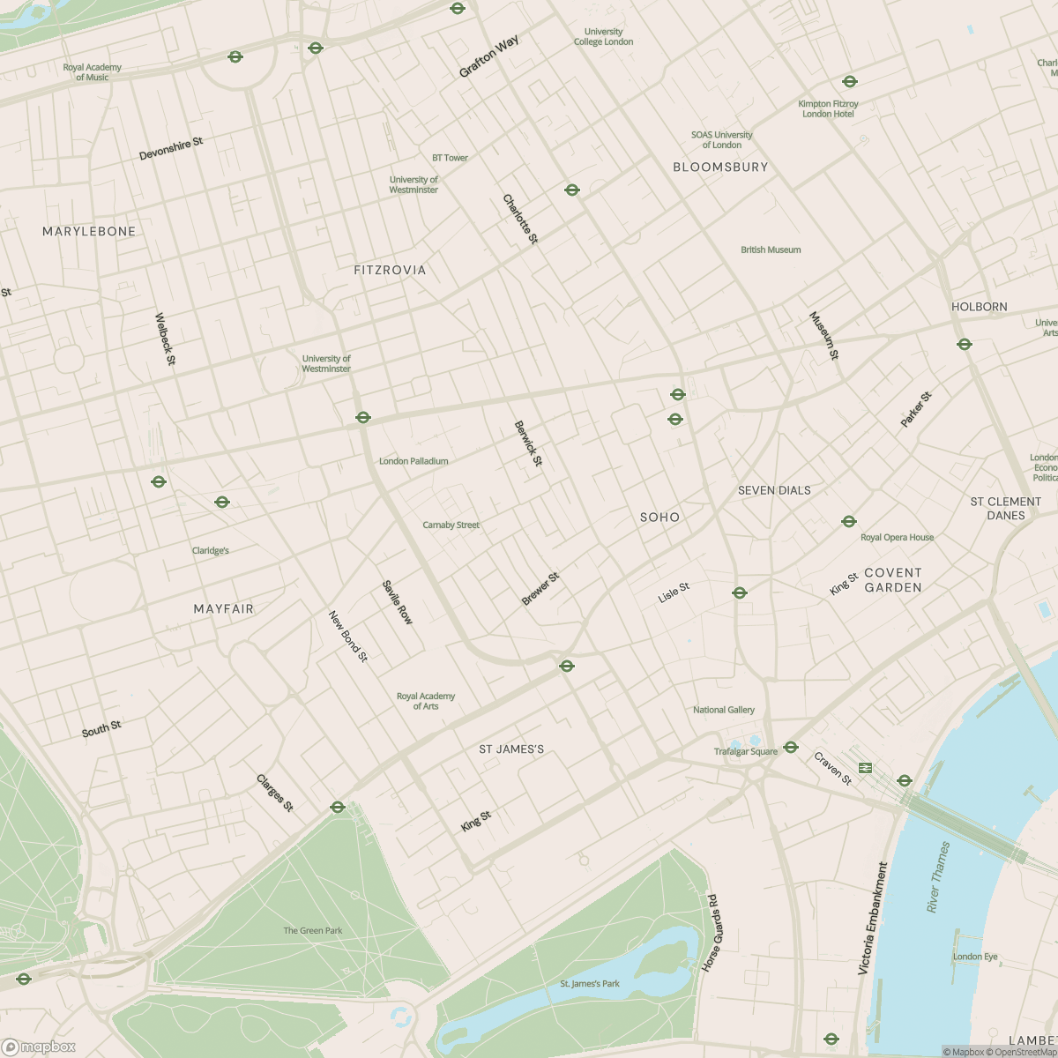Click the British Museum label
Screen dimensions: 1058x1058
click(x=771, y=250)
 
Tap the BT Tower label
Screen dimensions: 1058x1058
click(x=450, y=158)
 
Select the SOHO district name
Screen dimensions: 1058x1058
click(x=659, y=518)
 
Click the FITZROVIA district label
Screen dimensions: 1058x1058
click(x=390, y=271)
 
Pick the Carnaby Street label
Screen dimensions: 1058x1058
click(x=451, y=525)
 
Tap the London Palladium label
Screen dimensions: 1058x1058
click(x=414, y=461)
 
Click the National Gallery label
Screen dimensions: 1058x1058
click(x=724, y=710)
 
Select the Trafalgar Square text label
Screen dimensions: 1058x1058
click(x=746, y=752)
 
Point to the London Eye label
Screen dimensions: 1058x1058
click(x=975, y=957)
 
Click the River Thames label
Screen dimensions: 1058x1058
click(x=939, y=877)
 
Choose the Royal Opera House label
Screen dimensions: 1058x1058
click(x=897, y=537)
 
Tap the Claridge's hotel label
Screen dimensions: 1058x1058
click(x=210, y=551)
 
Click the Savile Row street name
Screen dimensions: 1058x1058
click(x=397, y=602)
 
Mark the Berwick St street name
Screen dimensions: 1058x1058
click(x=528, y=443)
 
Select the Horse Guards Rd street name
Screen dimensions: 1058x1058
click(x=710, y=934)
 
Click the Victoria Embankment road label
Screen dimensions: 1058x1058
click(x=874, y=918)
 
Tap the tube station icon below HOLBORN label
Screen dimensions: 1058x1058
click(x=965, y=344)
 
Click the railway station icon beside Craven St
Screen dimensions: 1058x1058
click(x=865, y=768)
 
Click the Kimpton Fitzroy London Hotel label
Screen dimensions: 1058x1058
click(x=828, y=108)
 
